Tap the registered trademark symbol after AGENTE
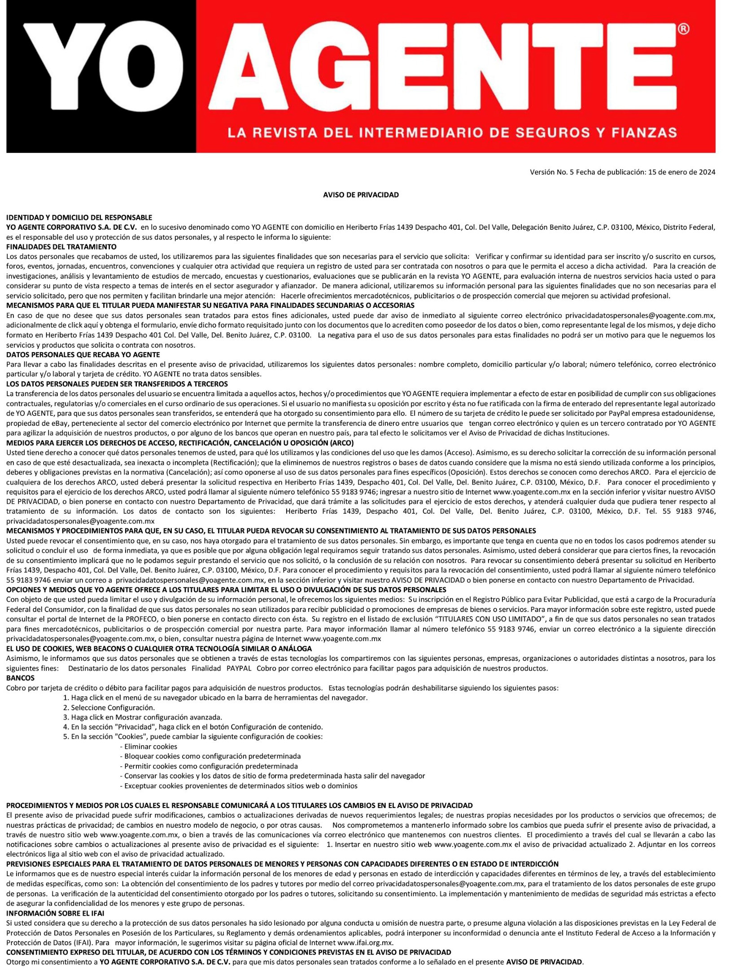click(682, 29)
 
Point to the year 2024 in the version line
click(707, 172)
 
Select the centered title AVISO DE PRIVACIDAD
click(361, 195)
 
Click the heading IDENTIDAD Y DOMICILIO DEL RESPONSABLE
click(79, 218)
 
